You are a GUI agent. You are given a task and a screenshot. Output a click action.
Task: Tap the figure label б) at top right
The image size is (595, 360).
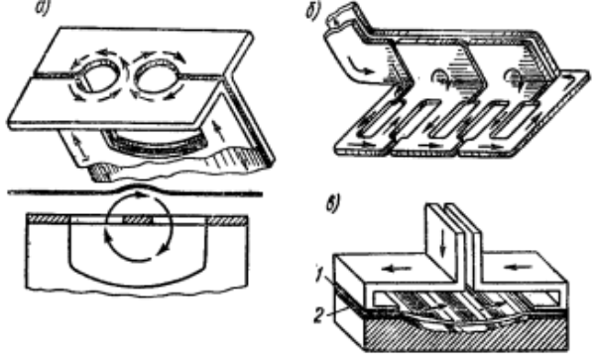pyautogui.click(x=313, y=11)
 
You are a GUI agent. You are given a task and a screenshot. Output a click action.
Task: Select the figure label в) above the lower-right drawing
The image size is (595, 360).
pyautogui.click(x=333, y=203)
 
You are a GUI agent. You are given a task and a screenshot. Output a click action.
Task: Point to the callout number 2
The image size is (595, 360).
pyautogui.click(x=319, y=315)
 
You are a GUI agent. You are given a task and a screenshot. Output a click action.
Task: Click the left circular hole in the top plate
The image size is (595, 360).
pyautogui.click(x=99, y=77)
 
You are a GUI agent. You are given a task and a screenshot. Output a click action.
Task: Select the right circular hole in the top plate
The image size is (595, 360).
pyautogui.click(x=156, y=76)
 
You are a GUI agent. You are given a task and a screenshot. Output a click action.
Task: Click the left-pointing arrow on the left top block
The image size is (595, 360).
pyautogui.click(x=397, y=269)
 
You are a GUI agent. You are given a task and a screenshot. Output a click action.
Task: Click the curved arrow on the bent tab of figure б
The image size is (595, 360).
pyautogui.click(x=360, y=66)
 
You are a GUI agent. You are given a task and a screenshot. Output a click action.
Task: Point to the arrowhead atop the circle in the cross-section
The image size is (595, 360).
pyautogui.click(x=141, y=195)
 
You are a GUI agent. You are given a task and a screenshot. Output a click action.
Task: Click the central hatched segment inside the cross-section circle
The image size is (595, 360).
pyautogui.click(x=138, y=219)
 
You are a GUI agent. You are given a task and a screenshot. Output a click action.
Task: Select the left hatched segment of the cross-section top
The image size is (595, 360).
pyautogui.click(x=49, y=218)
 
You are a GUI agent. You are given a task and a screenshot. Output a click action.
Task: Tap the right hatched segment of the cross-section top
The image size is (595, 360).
pyautogui.click(x=226, y=219)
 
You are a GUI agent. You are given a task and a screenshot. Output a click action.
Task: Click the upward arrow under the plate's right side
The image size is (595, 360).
pyautogui.click(x=216, y=131)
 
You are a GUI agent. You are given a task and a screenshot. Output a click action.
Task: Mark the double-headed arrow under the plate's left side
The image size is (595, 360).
pyautogui.click(x=81, y=148)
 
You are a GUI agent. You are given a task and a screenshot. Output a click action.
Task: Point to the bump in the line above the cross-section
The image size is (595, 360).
pyautogui.click(x=138, y=186)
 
